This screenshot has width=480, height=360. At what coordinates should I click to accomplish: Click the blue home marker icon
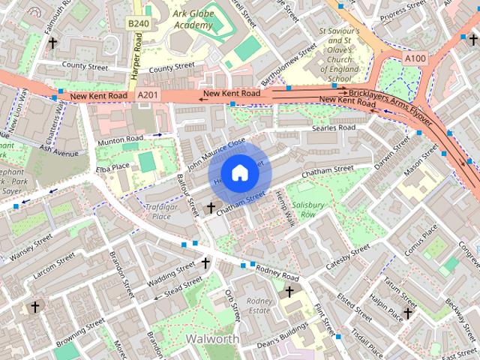(x=239, y=173)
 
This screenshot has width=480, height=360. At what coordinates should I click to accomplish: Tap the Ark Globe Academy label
(x=194, y=19)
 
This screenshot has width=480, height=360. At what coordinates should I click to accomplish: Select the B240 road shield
(x=137, y=24)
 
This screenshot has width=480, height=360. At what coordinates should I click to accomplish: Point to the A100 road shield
(x=414, y=58)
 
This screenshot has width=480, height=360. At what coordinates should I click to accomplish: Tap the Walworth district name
(x=214, y=338)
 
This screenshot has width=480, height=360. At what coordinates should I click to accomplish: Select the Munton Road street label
(x=120, y=139)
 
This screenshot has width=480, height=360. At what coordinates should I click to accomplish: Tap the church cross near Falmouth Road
(x=52, y=43)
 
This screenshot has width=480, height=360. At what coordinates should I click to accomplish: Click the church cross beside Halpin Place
(x=408, y=313)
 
